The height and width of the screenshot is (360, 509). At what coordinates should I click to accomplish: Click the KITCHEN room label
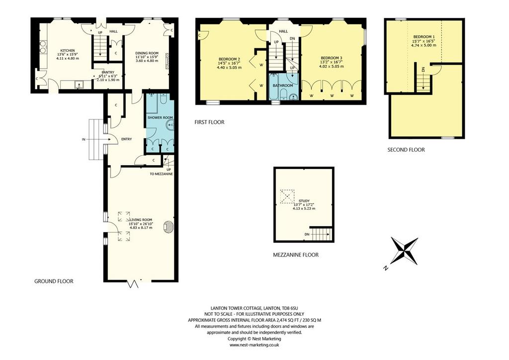(68, 51)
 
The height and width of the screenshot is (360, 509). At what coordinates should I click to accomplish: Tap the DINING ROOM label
(147, 53)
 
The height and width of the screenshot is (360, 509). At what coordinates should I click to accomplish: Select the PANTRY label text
(108, 73)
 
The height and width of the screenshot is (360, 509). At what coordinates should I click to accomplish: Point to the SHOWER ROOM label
(160, 117)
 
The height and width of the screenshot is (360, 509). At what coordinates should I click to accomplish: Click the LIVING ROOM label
(141, 220)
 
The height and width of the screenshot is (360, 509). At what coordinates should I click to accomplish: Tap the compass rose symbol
(404, 251)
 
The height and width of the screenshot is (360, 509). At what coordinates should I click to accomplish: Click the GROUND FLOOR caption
(54, 281)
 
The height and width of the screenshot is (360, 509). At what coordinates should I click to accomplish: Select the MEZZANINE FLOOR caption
(296, 255)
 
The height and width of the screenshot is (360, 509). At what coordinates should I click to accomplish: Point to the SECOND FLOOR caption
(406, 150)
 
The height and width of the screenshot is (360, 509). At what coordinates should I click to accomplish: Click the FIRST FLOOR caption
(209, 122)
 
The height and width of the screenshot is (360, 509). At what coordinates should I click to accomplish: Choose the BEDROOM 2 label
(229, 59)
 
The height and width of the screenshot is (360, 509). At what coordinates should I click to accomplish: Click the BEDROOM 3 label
(331, 58)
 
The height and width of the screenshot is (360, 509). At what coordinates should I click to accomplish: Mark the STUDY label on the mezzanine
(304, 201)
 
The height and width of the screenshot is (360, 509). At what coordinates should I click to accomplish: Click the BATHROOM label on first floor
(283, 86)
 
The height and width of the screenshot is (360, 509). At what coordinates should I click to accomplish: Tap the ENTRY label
(127, 139)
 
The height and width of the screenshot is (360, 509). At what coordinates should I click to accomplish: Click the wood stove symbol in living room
(169, 227)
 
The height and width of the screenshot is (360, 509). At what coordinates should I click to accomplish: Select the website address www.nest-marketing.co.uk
(254, 345)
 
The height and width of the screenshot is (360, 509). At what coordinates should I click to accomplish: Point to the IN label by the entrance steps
(84, 140)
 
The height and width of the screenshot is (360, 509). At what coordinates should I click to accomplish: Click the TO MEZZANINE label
(162, 174)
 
